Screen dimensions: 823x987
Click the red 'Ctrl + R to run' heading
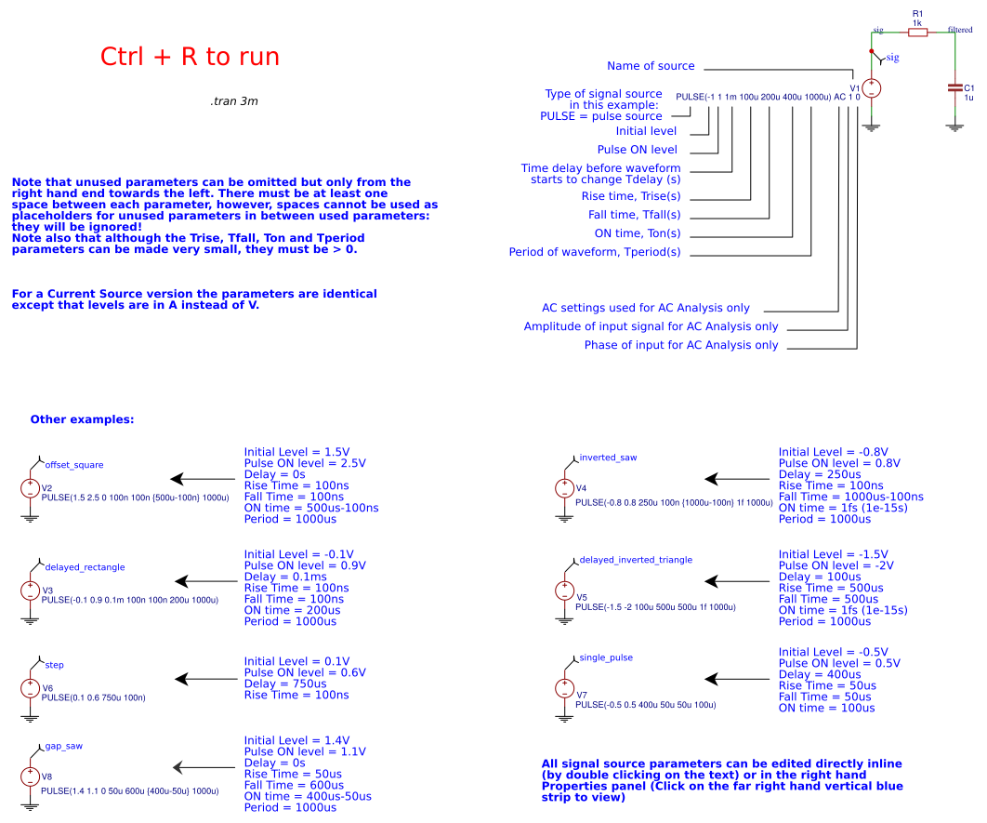190,57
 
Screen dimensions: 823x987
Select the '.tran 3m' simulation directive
234,100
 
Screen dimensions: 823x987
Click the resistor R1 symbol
917,33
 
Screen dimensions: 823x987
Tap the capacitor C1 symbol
954,87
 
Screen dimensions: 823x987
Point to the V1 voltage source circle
872,89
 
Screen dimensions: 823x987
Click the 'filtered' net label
960,30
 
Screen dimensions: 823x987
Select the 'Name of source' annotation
651,66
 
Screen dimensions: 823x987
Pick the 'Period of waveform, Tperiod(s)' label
595,252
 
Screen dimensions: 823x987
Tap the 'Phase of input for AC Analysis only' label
681,345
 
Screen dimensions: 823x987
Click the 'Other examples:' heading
82,419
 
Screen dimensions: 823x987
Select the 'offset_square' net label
74,464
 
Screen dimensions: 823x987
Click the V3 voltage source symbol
30,591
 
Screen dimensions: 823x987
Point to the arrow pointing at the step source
204,679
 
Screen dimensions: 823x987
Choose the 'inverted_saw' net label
608,458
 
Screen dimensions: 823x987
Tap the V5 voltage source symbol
564,591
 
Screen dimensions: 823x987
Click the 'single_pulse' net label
606,657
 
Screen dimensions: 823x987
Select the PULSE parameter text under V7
646,705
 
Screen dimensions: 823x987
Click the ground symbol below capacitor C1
954,126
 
